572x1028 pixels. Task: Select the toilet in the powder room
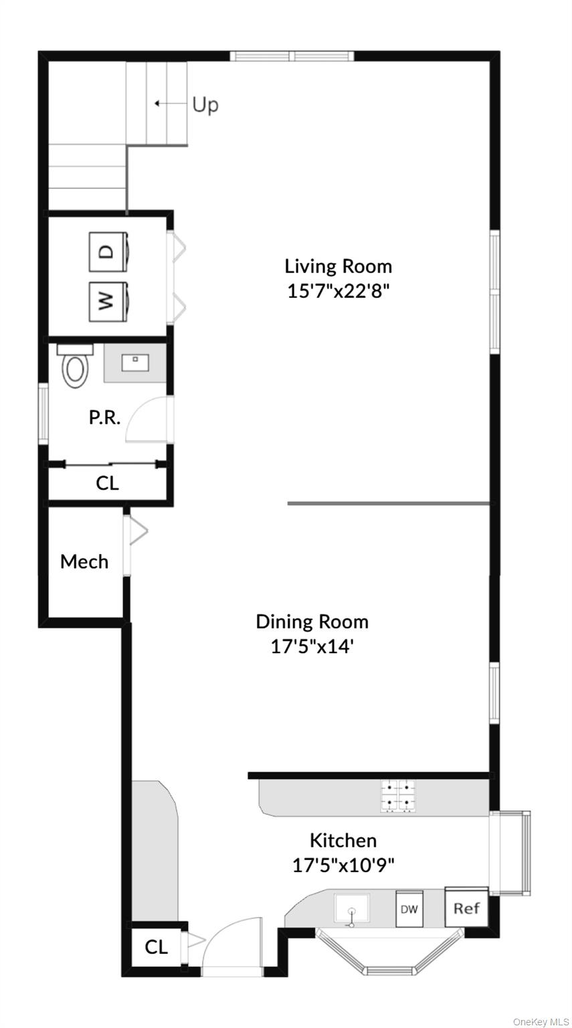[74, 366]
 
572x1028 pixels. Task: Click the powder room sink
[135, 363]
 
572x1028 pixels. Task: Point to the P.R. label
[104, 418]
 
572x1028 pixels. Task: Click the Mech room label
[84, 562]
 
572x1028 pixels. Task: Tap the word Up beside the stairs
[205, 105]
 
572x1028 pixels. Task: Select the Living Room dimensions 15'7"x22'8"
[338, 292]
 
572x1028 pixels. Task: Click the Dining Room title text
[312, 622]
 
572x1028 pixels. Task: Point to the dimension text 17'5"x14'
[312, 647]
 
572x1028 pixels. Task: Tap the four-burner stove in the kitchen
[398, 796]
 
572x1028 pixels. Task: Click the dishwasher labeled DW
[409, 909]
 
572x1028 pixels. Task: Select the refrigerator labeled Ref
[466, 908]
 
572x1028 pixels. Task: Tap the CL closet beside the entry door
[156, 947]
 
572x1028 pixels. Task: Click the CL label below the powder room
[107, 483]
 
